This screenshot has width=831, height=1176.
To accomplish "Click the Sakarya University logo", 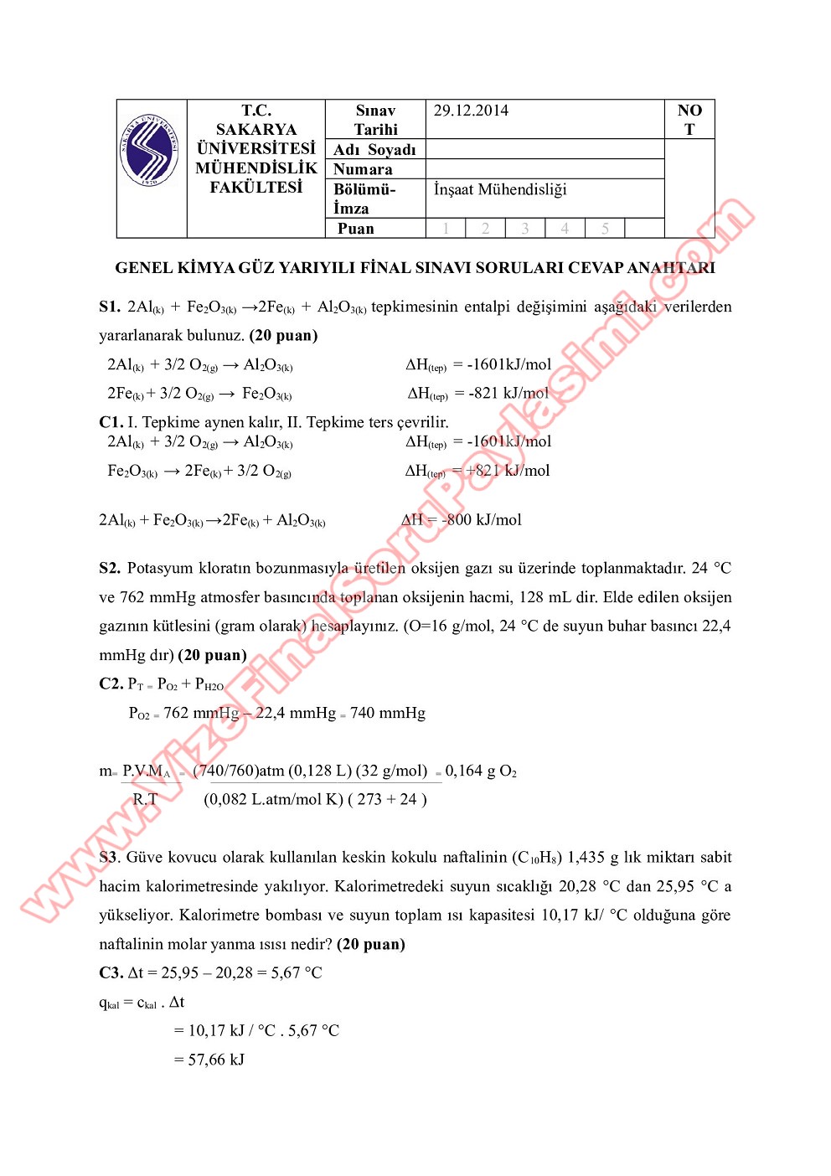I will (150, 151).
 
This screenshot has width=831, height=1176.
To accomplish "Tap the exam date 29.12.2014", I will (471, 111).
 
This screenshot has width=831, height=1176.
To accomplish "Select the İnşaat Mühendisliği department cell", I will (500, 189).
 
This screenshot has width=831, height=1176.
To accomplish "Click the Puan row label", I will (356, 229).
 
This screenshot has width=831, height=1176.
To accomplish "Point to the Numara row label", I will (363, 169).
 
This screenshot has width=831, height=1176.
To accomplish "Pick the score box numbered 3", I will (525, 229).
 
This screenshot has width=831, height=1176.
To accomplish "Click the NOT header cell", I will (689, 120).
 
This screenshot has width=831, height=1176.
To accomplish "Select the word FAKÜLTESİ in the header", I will (255, 188).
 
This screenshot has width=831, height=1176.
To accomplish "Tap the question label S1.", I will (110, 307).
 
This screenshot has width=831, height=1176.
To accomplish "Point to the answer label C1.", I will (111, 422).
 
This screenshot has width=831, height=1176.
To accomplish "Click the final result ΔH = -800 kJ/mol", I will (462, 520).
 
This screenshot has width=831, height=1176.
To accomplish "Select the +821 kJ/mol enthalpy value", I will (508, 471).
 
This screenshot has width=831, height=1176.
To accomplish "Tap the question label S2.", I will (110, 569).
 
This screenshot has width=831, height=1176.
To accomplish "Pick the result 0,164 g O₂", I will (481, 771).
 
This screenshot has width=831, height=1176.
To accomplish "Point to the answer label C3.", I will (111, 973).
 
